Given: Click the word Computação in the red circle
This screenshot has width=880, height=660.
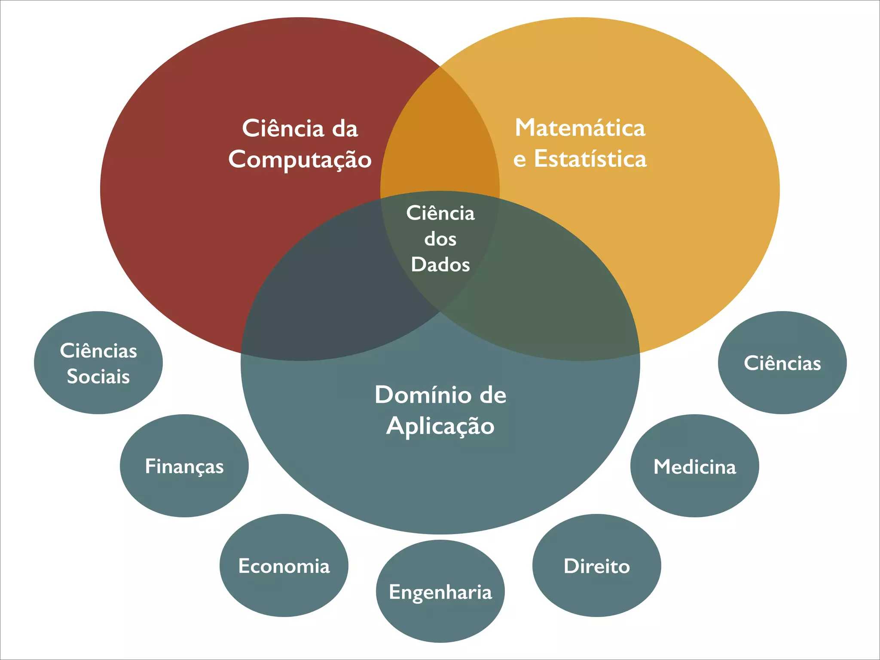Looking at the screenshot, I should coord(300,160).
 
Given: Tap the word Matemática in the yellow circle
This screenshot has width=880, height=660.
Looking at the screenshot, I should coord(580,128).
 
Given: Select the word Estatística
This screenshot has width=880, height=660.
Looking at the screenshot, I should coord(590,159).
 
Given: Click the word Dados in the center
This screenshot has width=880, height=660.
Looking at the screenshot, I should coord(440,264).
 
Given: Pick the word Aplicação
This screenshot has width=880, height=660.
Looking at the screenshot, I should coord(440,426).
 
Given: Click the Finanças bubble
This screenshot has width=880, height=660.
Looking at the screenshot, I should coord(184,466).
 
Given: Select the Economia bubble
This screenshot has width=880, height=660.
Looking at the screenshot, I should coord(284,565).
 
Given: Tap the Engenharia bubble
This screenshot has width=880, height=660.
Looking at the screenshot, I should coord(440,591).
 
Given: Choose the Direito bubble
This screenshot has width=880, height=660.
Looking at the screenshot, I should coord(597,565).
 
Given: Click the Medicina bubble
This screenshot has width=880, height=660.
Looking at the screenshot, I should coord(695,466).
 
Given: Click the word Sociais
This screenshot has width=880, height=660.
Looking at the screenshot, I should coord(98,376).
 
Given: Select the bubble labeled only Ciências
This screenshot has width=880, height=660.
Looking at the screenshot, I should coord(782,363).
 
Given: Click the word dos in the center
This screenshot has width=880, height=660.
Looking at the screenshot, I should coord(440,239).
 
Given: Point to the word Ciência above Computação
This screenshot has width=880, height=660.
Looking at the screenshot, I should coord(283,128).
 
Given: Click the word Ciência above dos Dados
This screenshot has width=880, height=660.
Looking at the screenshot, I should coord(440,213).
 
